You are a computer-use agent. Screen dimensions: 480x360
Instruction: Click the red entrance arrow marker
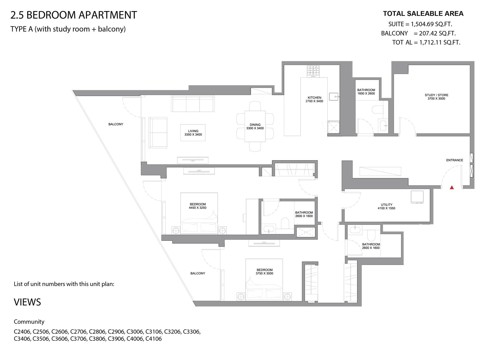[451, 187]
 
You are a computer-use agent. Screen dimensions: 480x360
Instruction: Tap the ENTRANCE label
[454, 160]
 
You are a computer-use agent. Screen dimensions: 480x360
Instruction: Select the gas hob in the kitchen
[313, 70]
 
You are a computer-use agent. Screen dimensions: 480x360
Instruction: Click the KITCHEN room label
[314, 97]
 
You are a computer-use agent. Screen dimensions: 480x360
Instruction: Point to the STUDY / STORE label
[436, 95]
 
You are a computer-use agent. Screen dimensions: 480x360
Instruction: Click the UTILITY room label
[386, 205]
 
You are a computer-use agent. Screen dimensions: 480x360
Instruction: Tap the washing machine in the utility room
[417, 197]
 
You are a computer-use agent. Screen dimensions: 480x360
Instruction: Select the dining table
[255, 126]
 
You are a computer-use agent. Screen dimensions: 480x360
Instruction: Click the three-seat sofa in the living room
[193, 104]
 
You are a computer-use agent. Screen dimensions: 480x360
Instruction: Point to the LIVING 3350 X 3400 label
[193, 133]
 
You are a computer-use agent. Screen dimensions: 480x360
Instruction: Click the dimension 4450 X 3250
[197, 208]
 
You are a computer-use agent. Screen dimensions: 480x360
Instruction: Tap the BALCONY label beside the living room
[116, 124]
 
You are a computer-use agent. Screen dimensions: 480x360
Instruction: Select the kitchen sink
[334, 96]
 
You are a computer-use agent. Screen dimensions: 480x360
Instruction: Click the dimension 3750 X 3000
[264, 273]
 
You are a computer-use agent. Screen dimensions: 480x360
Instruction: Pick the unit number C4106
[154, 339]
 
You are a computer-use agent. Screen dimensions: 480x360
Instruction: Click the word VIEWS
[27, 302]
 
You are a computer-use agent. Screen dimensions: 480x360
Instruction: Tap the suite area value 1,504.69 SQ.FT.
[431, 24]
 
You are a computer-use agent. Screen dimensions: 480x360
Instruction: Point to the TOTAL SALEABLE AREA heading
[423, 13]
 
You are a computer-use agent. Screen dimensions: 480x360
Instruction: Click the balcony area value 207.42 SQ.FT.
[437, 33]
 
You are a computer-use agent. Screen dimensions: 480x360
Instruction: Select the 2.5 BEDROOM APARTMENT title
[74, 15]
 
